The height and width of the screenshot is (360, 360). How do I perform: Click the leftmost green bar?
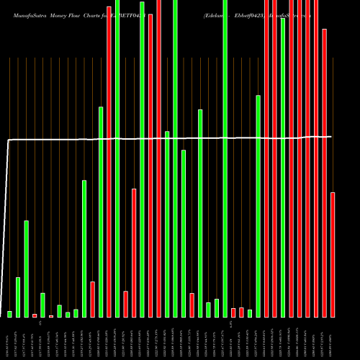10,314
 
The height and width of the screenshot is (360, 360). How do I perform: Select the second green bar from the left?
18,297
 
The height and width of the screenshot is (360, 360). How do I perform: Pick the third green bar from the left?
27,269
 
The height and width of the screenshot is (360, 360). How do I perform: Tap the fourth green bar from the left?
43,305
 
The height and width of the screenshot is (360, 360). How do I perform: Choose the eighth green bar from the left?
84,248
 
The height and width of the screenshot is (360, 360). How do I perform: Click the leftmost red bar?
35,315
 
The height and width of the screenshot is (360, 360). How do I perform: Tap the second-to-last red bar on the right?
325,173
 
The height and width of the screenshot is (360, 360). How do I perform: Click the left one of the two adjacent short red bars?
233,312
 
